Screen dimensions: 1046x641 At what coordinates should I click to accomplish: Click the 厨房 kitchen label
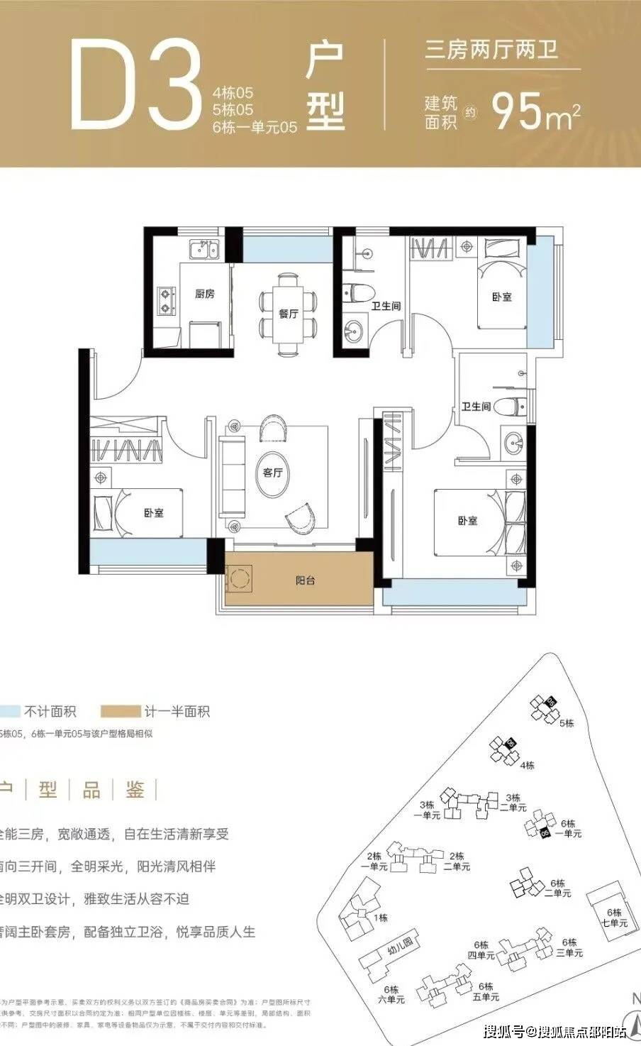click(204, 294)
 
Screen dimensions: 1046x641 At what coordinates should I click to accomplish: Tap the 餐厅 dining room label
click(288, 314)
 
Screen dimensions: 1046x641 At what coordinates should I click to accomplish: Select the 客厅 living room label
click(273, 473)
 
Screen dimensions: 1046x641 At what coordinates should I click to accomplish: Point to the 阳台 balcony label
click(305, 580)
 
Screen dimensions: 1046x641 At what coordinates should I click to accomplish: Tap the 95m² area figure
click(536, 110)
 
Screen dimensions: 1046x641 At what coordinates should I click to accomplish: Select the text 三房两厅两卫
click(491, 50)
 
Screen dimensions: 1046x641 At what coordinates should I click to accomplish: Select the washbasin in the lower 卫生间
click(513, 443)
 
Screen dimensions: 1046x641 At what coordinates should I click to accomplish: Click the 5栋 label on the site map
click(566, 724)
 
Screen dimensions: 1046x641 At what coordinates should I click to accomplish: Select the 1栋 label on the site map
click(381, 918)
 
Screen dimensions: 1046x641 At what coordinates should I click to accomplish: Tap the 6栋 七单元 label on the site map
click(613, 918)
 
